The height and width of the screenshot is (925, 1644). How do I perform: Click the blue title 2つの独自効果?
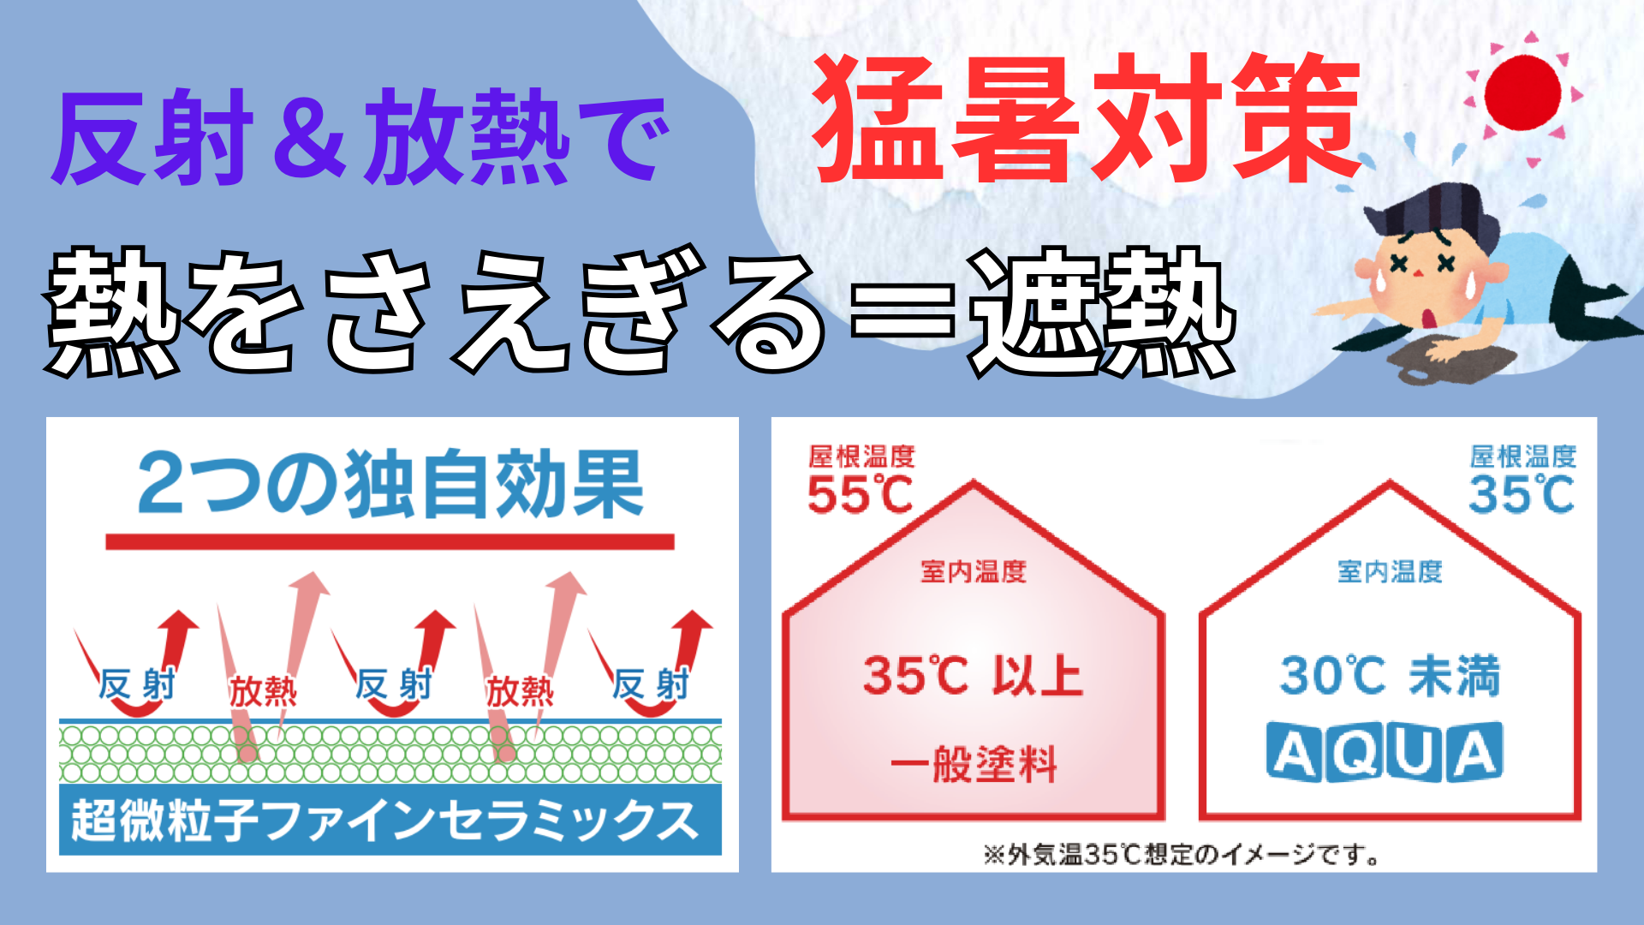pyautogui.click(x=390, y=485)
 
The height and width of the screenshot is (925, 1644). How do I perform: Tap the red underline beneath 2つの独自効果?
pyautogui.click(x=390, y=541)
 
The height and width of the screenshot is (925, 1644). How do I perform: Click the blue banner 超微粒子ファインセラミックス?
pyautogui.click(x=390, y=820)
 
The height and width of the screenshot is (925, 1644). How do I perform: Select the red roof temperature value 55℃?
pyautogui.click(x=861, y=494)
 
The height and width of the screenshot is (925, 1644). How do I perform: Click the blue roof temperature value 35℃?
pyautogui.click(x=1522, y=494)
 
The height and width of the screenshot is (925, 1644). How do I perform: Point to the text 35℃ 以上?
pyautogui.click(x=973, y=676)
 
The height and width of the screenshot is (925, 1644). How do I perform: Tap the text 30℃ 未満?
pyautogui.click(x=1390, y=676)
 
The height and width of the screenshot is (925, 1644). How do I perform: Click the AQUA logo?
pyautogui.click(x=1385, y=752)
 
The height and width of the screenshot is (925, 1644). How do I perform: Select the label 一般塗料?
pyautogui.click(x=974, y=763)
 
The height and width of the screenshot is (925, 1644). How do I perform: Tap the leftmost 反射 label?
pyautogui.click(x=137, y=684)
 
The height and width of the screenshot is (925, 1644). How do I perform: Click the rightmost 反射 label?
pyautogui.click(x=651, y=684)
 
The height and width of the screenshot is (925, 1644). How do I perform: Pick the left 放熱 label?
pyautogui.click(x=263, y=690)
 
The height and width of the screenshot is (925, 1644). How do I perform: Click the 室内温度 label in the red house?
pyautogui.click(x=974, y=571)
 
